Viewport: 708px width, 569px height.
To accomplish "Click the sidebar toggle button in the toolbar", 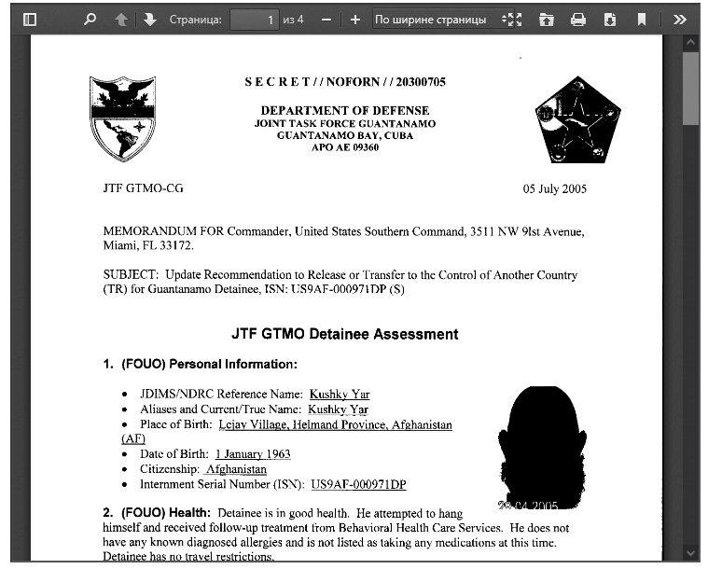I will click(x=30, y=19).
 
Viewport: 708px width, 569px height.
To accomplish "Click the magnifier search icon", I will click(x=90, y=19).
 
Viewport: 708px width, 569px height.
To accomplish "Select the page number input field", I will click(x=254, y=19).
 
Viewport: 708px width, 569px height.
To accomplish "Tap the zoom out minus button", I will click(x=326, y=19).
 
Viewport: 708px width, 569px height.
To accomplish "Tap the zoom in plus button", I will click(x=354, y=19).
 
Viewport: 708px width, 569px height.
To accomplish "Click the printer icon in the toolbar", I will click(x=578, y=19).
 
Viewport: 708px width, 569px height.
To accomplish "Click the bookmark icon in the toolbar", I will click(x=642, y=19).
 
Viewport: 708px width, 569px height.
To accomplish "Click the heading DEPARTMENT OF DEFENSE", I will click(x=345, y=110).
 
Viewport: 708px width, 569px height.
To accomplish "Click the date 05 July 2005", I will click(x=555, y=188).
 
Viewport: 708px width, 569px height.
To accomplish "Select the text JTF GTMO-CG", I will click(x=143, y=187).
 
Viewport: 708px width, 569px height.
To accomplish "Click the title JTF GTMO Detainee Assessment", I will click(x=345, y=334).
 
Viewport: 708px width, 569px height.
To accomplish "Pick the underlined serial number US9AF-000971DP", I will click(x=358, y=484).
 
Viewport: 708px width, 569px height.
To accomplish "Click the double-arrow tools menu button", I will click(x=679, y=19).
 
